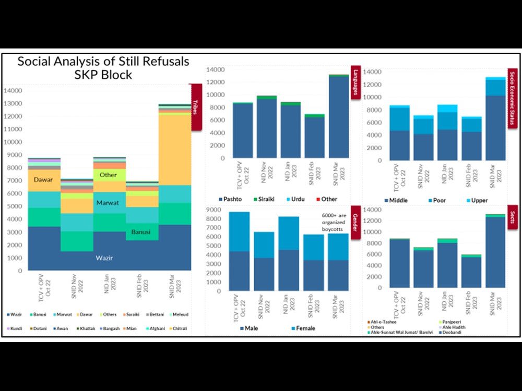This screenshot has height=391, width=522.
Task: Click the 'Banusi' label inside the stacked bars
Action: (x=140, y=231)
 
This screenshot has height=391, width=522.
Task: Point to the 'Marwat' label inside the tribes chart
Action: (x=108, y=203)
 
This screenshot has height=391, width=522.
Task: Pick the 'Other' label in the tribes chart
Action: (x=108, y=175)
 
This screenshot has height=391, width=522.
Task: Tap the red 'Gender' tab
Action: (x=356, y=224)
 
